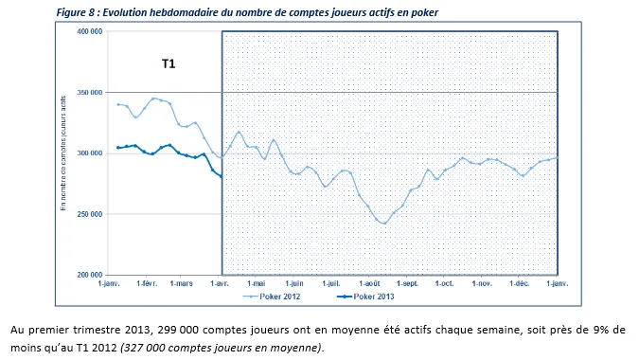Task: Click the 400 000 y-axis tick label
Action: coord(88,31)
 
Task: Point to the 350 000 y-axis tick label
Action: coord(88,93)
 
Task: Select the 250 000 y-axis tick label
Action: coord(88,214)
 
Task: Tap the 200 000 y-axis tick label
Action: coord(88,275)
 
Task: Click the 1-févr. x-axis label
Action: coord(148,283)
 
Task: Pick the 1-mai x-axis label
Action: coord(257,283)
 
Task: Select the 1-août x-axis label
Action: coord(368,283)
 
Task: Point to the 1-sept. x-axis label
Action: coord(406,283)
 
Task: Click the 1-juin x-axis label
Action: coord(294,283)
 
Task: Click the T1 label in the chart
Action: coord(168,64)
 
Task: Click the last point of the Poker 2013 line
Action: coord(221,176)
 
